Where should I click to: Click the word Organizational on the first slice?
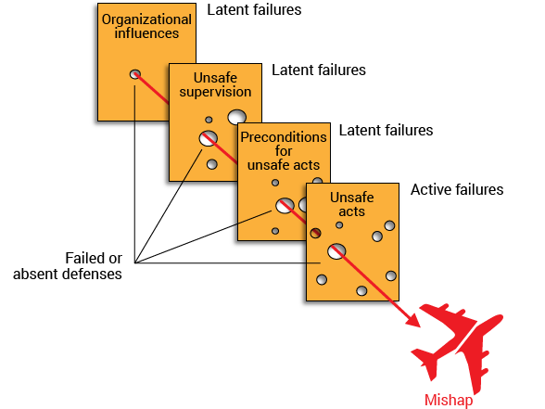click(x=146, y=20)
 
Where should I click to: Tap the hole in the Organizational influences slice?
click(x=135, y=74)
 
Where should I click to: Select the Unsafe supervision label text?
click(x=215, y=84)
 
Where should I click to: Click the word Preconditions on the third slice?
click(x=284, y=137)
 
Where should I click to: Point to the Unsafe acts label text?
click(x=352, y=204)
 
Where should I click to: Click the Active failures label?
click(x=457, y=189)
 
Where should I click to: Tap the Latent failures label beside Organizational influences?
click(x=254, y=9)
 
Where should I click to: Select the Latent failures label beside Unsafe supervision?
click(x=319, y=70)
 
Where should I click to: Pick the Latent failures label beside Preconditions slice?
click(x=386, y=130)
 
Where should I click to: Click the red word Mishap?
click(x=449, y=401)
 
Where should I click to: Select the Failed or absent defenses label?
click(x=68, y=266)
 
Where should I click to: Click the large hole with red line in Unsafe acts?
click(x=336, y=251)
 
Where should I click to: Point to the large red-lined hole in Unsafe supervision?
click(x=209, y=138)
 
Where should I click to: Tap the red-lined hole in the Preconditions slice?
click(x=285, y=206)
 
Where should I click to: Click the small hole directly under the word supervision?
click(x=209, y=120)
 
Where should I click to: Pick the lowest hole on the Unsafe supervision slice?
click(x=212, y=164)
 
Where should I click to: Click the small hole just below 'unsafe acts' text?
click(x=275, y=183)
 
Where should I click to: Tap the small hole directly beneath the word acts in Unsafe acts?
click(x=339, y=225)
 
